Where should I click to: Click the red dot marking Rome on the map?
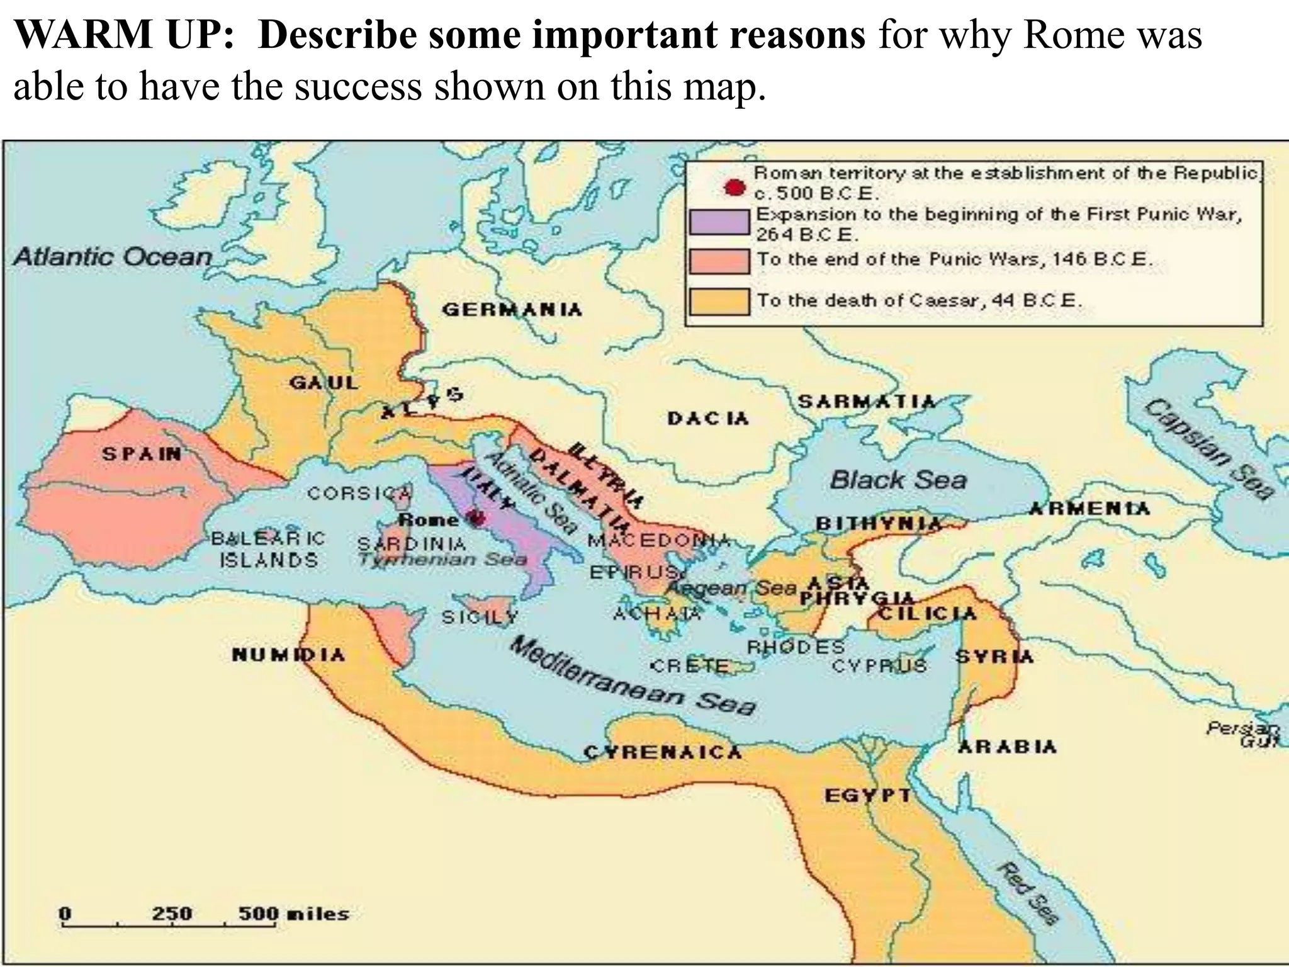tap(477, 518)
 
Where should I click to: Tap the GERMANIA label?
tap(512, 310)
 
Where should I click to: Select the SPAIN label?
tap(142, 453)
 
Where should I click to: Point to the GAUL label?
tap(324, 382)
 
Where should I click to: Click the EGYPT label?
tap(868, 796)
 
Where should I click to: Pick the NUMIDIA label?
tap(289, 655)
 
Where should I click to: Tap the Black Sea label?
tap(898, 480)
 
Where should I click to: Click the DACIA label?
tap(708, 418)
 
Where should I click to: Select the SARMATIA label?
tap(867, 402)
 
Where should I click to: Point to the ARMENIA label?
tap(1089, 508)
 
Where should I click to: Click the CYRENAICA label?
tap(663, 752)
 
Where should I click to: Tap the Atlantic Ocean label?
tap(113, 256)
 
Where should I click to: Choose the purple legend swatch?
tap(719, 221)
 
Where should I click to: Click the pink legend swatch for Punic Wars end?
tap(719, 261)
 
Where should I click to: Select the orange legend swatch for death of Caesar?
tap(719, 301)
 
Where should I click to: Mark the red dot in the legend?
tap(734, 187)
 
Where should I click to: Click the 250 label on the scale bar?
tap(171, 913)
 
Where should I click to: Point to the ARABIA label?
tap(1007, 747)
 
